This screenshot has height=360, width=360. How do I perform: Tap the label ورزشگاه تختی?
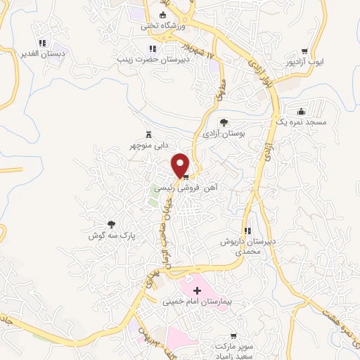[162, 25]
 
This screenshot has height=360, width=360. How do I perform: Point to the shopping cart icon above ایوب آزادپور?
[304, 51]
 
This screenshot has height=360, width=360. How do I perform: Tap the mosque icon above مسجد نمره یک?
[301, 111]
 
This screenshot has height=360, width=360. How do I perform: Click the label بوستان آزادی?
[223, 133]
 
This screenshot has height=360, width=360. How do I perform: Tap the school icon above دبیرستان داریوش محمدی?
[247, 231]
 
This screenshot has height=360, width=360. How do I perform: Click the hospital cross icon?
[196, 289]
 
